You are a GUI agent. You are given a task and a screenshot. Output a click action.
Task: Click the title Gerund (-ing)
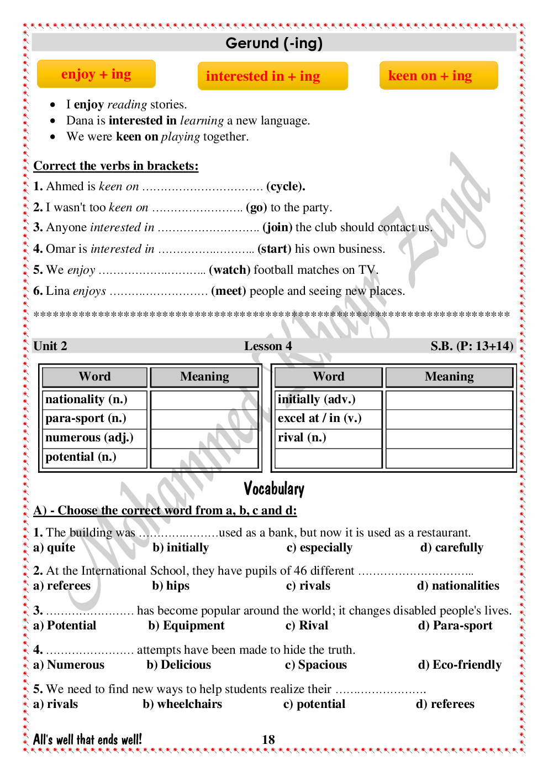[274, 43]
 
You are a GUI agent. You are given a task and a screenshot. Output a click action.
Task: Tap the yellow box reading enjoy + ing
[96, 74]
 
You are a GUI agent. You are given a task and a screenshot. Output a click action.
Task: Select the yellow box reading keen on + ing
[439, 76]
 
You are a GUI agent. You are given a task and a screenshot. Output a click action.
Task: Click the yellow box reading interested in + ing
[273, 76]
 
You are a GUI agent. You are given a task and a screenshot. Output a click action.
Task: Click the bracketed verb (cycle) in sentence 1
[286, 186]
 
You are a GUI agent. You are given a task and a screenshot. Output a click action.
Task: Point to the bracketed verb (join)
[277, 227]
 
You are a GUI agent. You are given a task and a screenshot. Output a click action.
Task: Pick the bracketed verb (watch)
[230, 270]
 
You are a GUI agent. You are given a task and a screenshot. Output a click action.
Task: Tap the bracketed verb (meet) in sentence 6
[229, 291]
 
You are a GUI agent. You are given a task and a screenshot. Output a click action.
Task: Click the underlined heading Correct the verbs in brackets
[116, 166]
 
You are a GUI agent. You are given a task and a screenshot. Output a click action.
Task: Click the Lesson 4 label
[268, 346]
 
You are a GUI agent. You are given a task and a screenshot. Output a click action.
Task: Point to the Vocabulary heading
[274, 489]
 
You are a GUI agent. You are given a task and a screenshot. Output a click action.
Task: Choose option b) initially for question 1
[181, 548]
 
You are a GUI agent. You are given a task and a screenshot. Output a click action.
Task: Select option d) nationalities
[459, 586]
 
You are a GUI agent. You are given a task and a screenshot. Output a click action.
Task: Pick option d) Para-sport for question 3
[456, 626]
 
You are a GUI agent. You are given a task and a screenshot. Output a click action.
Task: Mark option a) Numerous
[69, 665]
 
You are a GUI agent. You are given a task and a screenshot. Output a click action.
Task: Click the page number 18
[268, 740]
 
